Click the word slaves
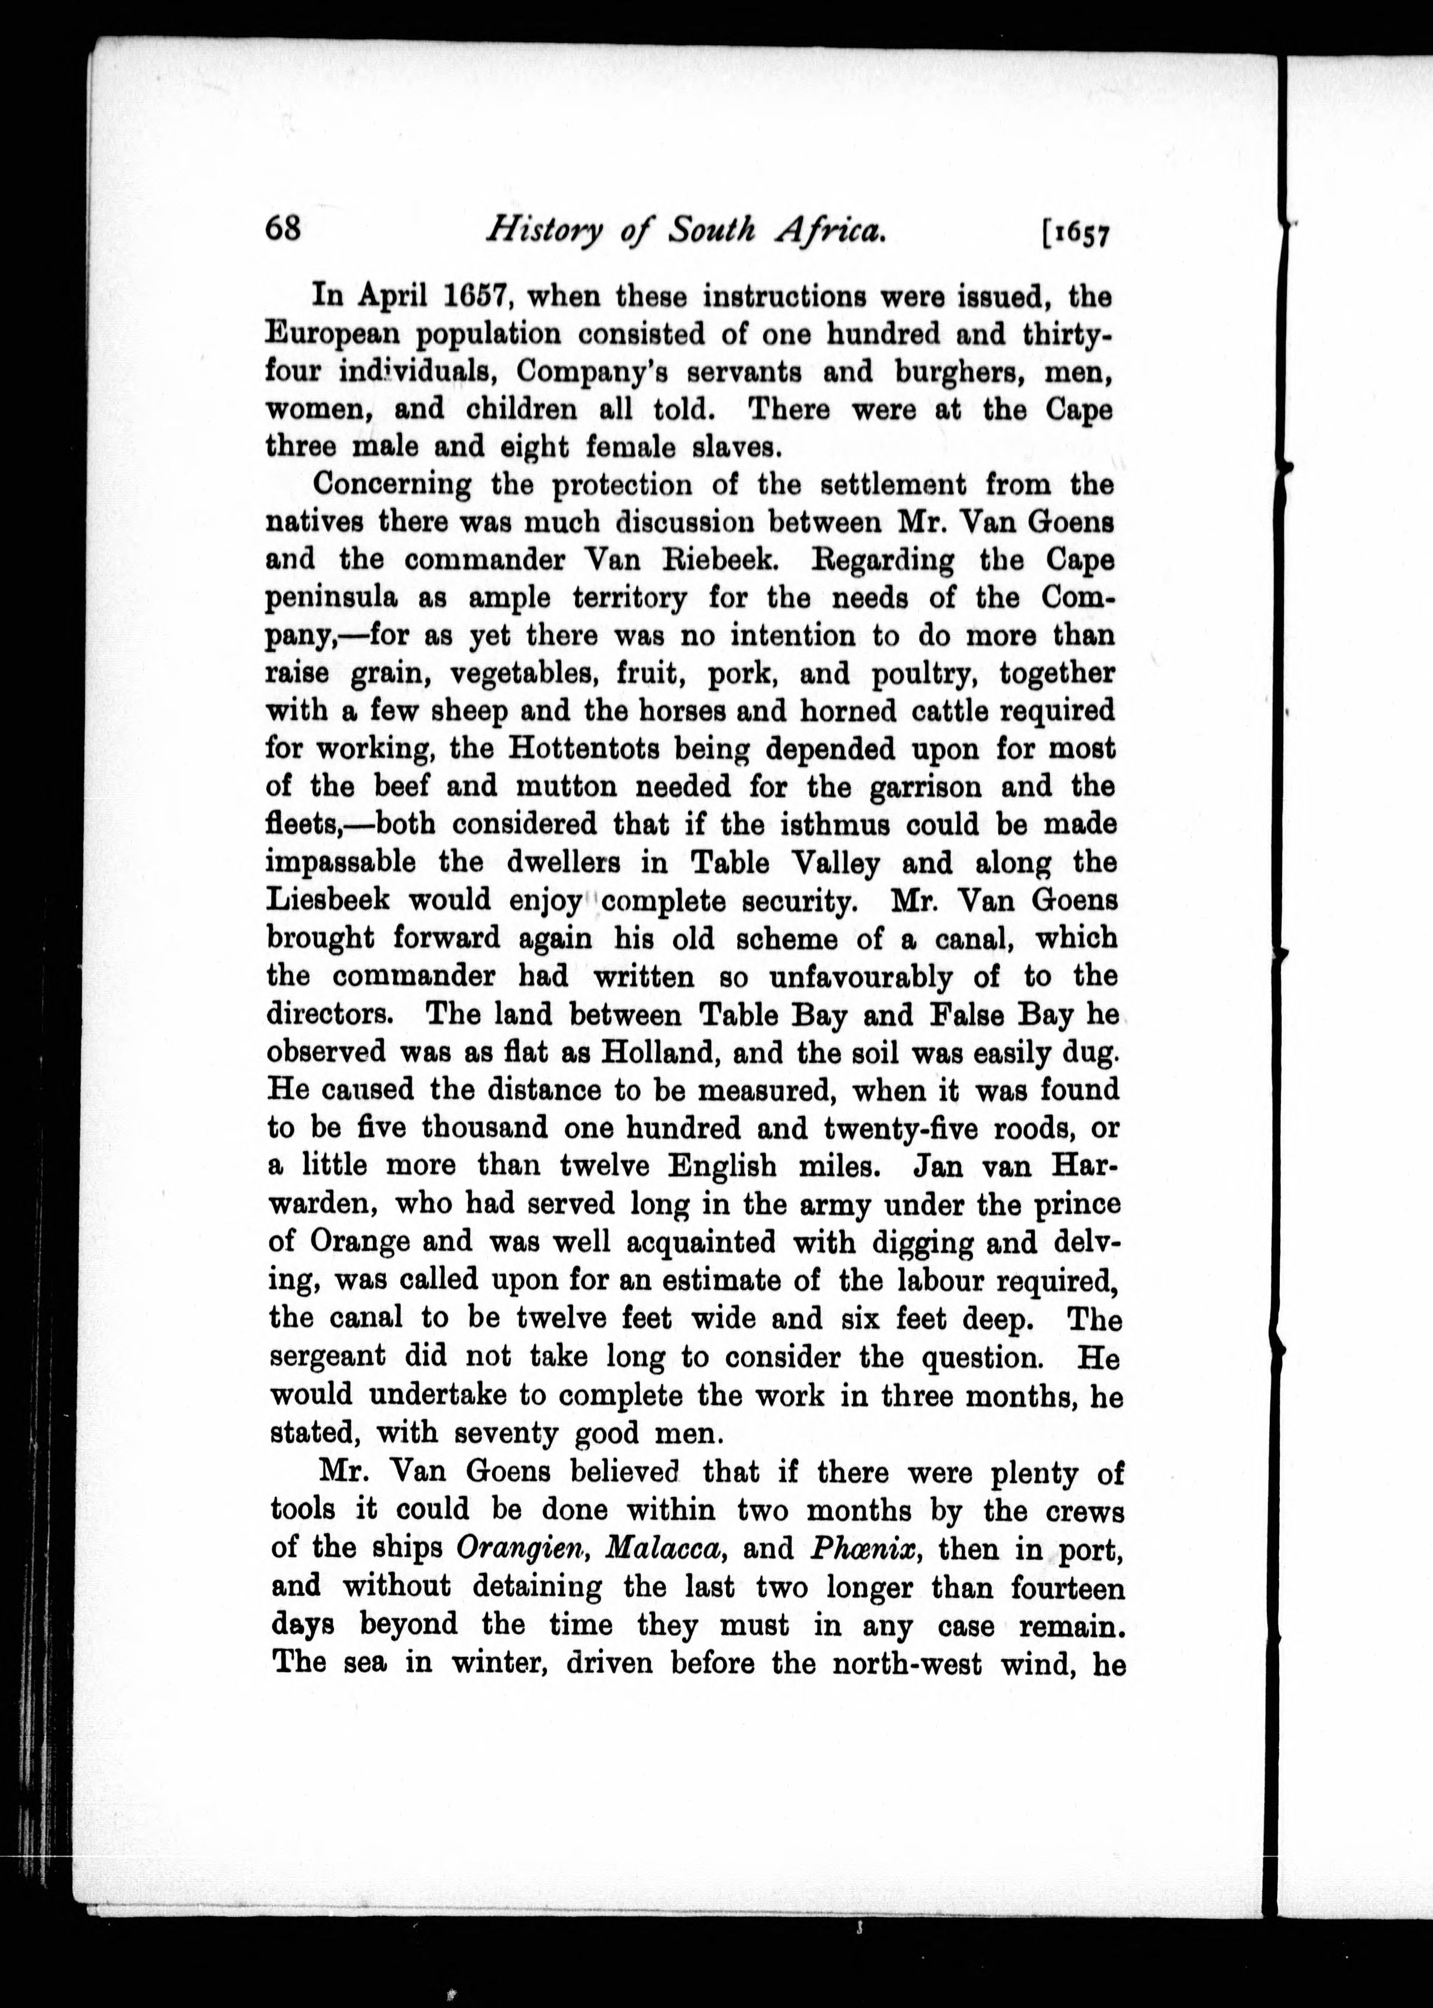[737, 447]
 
